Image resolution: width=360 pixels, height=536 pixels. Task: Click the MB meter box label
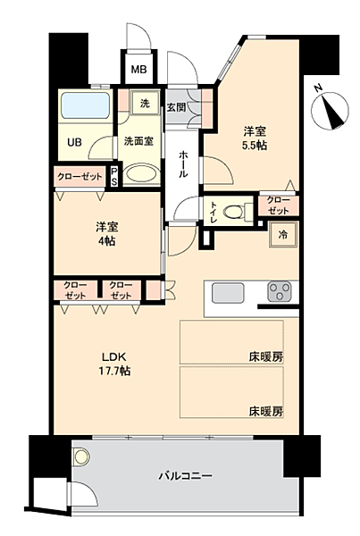point(140,70)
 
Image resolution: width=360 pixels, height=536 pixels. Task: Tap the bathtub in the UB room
point(86,109)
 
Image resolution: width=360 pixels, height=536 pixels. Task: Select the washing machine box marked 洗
point(144,104)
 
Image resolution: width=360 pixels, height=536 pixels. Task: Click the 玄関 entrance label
point(176,107)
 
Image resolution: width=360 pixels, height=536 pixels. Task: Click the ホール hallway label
point(183,163)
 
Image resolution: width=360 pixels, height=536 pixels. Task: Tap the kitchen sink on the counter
point(227,294)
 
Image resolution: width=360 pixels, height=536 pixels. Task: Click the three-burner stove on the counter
point(280,294)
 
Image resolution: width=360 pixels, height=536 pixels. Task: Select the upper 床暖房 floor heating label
point(266,356)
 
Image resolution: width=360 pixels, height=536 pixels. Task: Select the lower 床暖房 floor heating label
point(266,412)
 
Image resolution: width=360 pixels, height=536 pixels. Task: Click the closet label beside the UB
point(80,175)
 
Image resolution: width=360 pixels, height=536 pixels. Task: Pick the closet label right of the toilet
point(278,205)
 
